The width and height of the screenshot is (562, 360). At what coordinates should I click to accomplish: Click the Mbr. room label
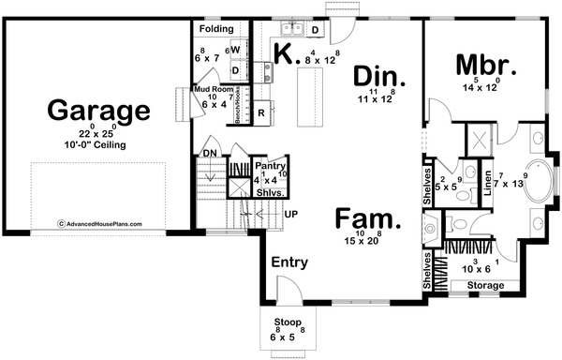[x=486, y=66]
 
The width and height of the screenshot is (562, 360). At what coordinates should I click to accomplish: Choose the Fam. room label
[x=367, y=221]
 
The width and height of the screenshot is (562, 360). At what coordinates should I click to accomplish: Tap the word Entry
[x=290, y=263]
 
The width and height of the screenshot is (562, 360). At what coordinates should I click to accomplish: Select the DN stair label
[x=212, y=151]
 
